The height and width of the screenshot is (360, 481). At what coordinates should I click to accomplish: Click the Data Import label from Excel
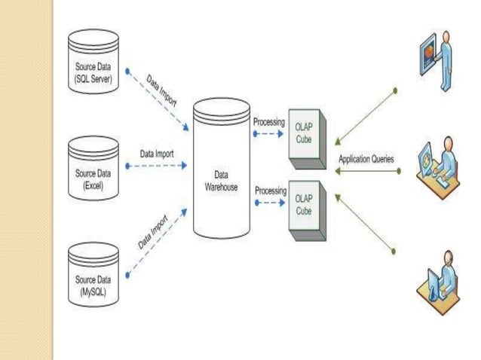pyautogui.click(x=157, y=154)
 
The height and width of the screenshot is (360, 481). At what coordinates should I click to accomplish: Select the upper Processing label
pyautogui.click(x=269, y=122)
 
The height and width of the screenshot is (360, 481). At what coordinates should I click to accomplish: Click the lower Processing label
pyautogui.click(x=269, y=191)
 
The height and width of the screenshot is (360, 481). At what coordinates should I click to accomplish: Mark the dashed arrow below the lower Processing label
pyautogui.click(x=270, y=203)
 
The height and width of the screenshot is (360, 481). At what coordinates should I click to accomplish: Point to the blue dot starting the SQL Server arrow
pyautogui.click(x=128, y=73)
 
